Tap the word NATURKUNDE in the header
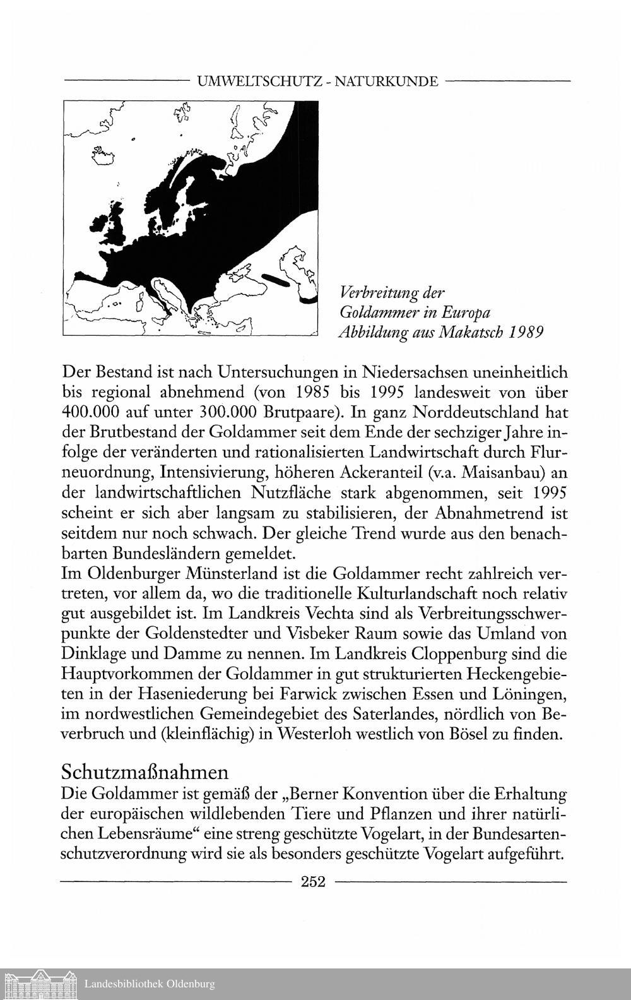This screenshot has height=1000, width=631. coord(386,81)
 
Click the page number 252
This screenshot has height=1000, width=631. coord(313,882)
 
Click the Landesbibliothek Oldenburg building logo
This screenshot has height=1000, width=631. coord(40,984)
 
